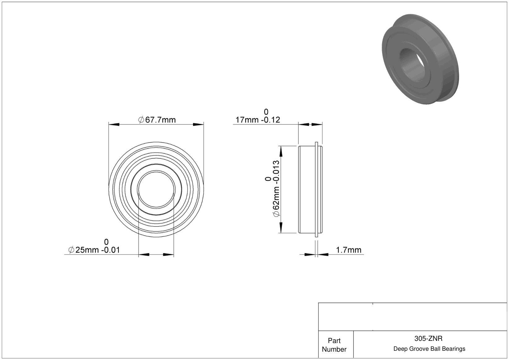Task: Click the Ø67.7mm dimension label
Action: (x=157, y=120)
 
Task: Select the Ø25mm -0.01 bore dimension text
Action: (x=94, y=250)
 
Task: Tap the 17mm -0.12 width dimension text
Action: (x=258, y=120)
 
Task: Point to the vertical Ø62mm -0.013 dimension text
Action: (x=276, y=189)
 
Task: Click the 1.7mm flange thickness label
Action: (x=349, y=250)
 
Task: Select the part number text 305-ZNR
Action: (x=428, y=338)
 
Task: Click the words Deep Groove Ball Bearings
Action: (x=429, y=349)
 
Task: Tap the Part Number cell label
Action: (x=334, y=345)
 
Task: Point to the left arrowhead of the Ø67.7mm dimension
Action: (x=114, y=125)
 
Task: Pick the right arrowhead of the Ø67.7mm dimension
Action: (x=198, y=125)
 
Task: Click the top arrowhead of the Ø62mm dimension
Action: (x=281, y=151)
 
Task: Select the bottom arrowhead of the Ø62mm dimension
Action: (x=281, y=228)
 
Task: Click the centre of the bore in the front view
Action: (x=156, y=190)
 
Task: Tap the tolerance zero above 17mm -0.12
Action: (x=266, y=112)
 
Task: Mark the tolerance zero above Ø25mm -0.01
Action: (x=106, y=242)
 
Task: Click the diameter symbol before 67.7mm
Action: (x=141, y=120)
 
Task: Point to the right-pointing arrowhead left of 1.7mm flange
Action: (x=310, y=255)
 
